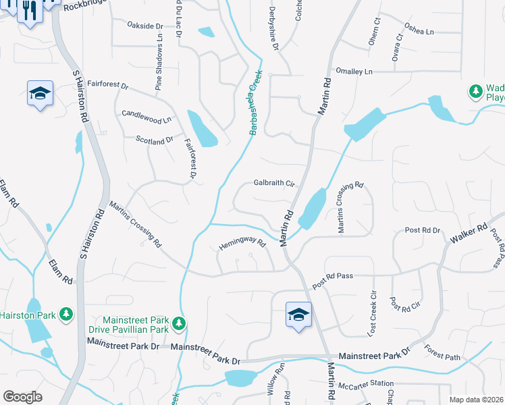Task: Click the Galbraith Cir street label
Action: (274, 183)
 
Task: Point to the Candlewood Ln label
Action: (147, 116)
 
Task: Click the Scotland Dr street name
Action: (155, 141)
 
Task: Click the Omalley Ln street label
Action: (354, 72)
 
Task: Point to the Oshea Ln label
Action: (419, 31)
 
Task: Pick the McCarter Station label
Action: (365, 383)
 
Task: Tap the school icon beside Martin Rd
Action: (298, 315)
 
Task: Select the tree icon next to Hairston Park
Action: (65, 314)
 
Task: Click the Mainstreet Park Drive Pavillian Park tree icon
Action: (178, 324)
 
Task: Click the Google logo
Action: (22, 397)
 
